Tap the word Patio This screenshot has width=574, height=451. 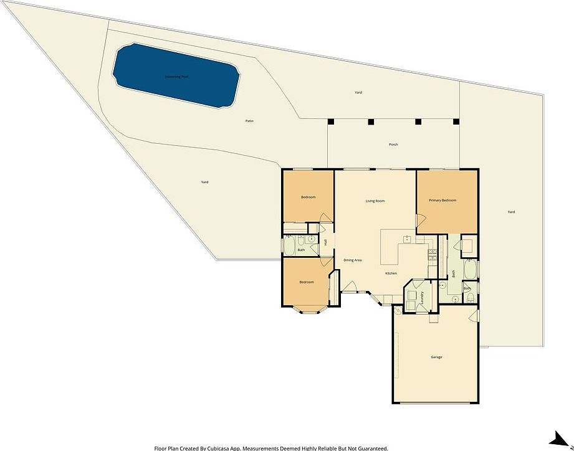249,121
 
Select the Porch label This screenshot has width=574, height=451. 393,145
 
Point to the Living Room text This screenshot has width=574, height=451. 375,201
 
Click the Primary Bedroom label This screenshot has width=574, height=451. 442,200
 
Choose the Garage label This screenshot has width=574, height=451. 436,357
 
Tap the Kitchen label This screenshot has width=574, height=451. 391,273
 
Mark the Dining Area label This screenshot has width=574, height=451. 353,260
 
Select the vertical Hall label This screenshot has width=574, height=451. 325,242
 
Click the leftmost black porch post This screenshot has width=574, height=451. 331,121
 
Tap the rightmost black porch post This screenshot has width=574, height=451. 456,121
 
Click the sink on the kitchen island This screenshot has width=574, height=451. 406,238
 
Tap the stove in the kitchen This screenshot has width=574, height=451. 431,254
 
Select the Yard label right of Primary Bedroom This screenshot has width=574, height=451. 511,212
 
